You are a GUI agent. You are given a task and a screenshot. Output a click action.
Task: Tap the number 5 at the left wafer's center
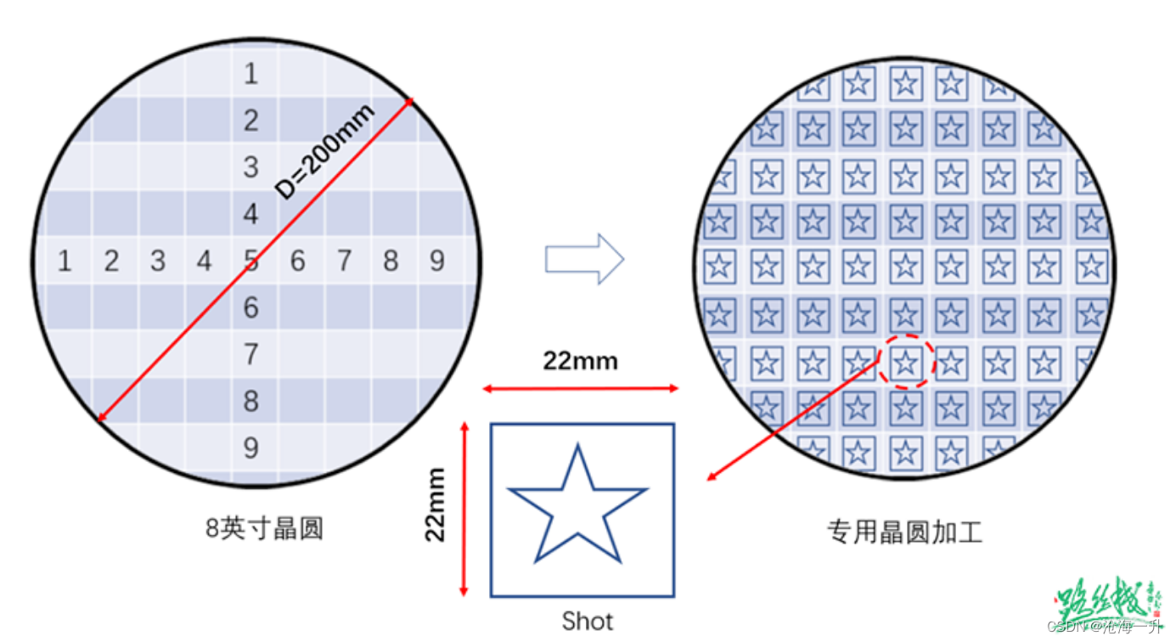coord(250,261)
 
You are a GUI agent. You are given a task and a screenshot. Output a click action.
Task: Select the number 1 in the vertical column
coord(250,74)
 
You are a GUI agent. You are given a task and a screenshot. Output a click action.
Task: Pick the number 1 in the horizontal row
coord(65,261)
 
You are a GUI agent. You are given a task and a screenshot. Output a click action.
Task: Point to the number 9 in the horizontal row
coord(436,261)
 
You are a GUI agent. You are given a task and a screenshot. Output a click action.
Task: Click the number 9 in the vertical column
coord(250,448)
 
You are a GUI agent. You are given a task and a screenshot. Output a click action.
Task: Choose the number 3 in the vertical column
coord(250,167)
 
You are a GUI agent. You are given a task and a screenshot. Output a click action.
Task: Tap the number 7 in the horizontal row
coord(344,261)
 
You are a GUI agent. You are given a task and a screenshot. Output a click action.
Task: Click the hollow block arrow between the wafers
coord(584,258)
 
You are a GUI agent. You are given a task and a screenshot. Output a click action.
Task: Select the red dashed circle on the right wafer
coord(906,363)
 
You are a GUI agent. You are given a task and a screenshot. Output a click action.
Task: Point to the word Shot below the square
coord(587,621)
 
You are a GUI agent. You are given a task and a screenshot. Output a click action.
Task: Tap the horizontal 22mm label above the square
coord(581,362)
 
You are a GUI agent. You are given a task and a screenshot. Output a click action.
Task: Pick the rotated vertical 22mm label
coord(436,504)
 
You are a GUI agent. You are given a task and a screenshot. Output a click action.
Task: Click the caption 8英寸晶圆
coord(265,529)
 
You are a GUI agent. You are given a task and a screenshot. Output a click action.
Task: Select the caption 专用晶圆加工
coord(905,532)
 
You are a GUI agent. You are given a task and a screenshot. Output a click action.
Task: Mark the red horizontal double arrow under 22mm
coord(581,389)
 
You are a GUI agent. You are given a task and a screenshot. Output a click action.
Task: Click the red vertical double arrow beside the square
coord(464,507)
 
